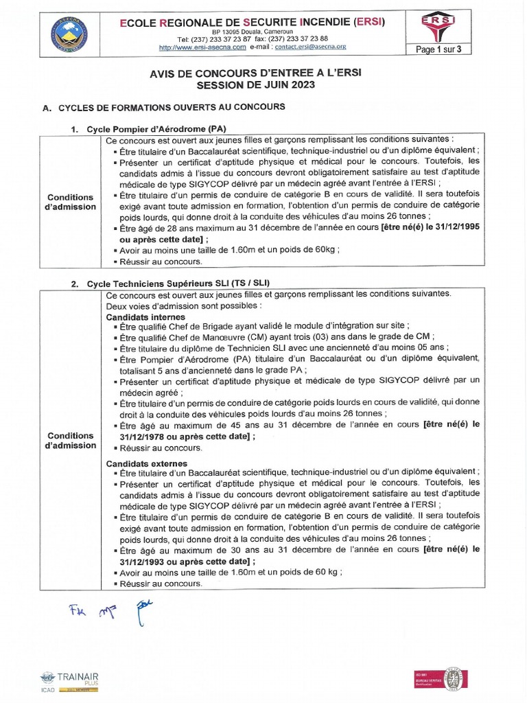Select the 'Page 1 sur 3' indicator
click(444, 49)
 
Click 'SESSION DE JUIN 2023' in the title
click(256, 85)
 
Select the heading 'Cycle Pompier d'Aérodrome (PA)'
click(156, 129)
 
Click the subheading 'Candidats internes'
click(145, 316)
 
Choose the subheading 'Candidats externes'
click(146, 464)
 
